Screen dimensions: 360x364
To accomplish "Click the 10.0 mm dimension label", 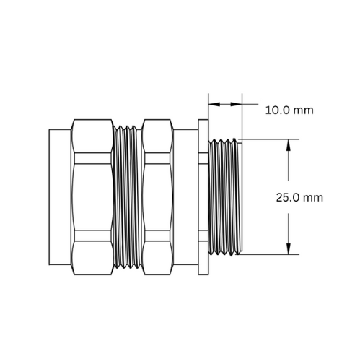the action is pos(289,110).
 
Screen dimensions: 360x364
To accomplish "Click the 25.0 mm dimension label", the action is pos(299,197).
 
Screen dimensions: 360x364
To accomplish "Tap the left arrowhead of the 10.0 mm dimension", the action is pos(214,104).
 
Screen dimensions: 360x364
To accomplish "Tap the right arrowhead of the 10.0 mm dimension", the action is pos(236,104).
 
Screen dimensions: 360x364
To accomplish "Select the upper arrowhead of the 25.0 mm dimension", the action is pos(289,145).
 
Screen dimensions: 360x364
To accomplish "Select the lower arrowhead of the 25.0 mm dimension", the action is pos(289,248).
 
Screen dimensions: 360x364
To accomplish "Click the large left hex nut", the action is pos(92,197).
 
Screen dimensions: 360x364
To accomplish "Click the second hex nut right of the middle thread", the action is pos(157,197).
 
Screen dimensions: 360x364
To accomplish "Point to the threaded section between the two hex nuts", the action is pos(128,197).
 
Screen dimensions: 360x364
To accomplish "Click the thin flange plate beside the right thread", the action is pos(203,197).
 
